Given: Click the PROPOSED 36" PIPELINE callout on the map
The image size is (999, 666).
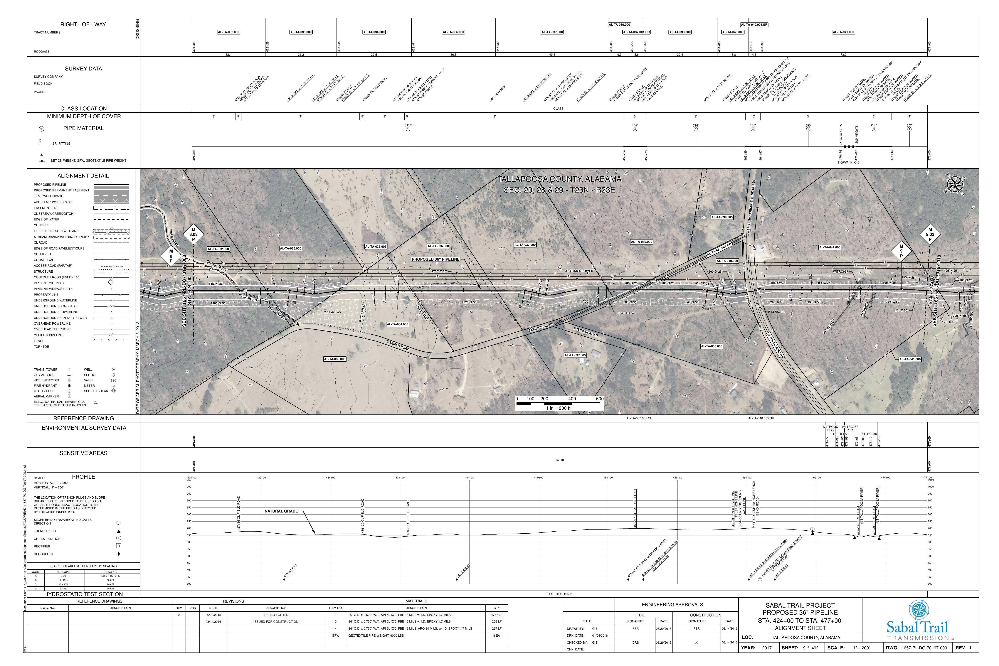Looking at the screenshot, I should (435, 259).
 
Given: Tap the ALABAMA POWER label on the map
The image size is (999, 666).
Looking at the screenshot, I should (579, 271).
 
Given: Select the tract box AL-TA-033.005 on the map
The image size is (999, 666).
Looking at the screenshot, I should (335, 359).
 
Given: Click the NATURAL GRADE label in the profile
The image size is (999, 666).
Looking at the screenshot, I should (281, 511).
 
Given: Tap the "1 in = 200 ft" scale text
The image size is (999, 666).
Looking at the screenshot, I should (558, 408).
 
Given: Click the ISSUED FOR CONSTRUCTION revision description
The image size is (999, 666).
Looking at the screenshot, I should (276, 621).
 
